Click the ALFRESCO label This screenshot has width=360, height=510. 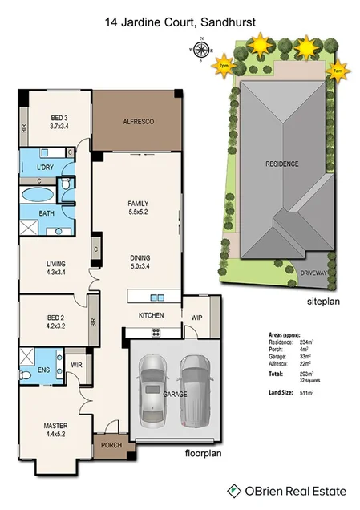point(138,122)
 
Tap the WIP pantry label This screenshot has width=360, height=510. point(196,318)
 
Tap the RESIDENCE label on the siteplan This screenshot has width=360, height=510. point(282,164)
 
